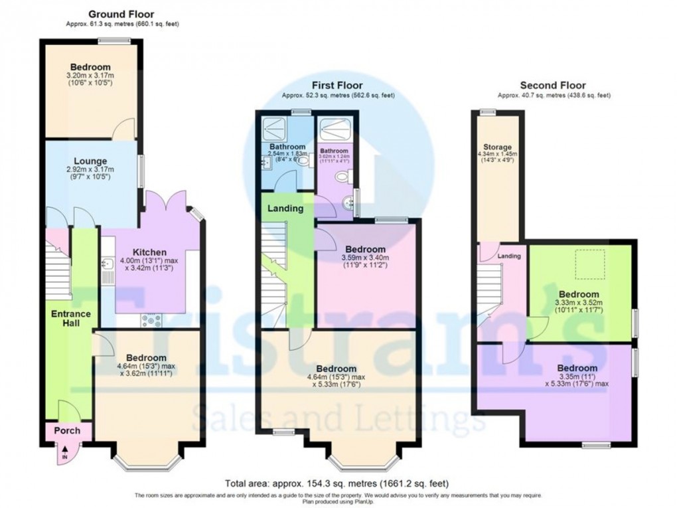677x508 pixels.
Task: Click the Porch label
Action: (67, 431)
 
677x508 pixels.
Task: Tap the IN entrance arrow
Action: (65, 456)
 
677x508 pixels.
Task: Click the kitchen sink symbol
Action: (107, 266)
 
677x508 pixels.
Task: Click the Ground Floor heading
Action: (121, 14)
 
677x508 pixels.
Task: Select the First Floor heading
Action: (338, 86)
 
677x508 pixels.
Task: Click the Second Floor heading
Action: (553, 86)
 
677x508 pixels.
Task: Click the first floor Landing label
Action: (285, 209)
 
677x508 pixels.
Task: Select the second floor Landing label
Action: (509, 256)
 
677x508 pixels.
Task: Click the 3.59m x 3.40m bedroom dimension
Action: (365, 259)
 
